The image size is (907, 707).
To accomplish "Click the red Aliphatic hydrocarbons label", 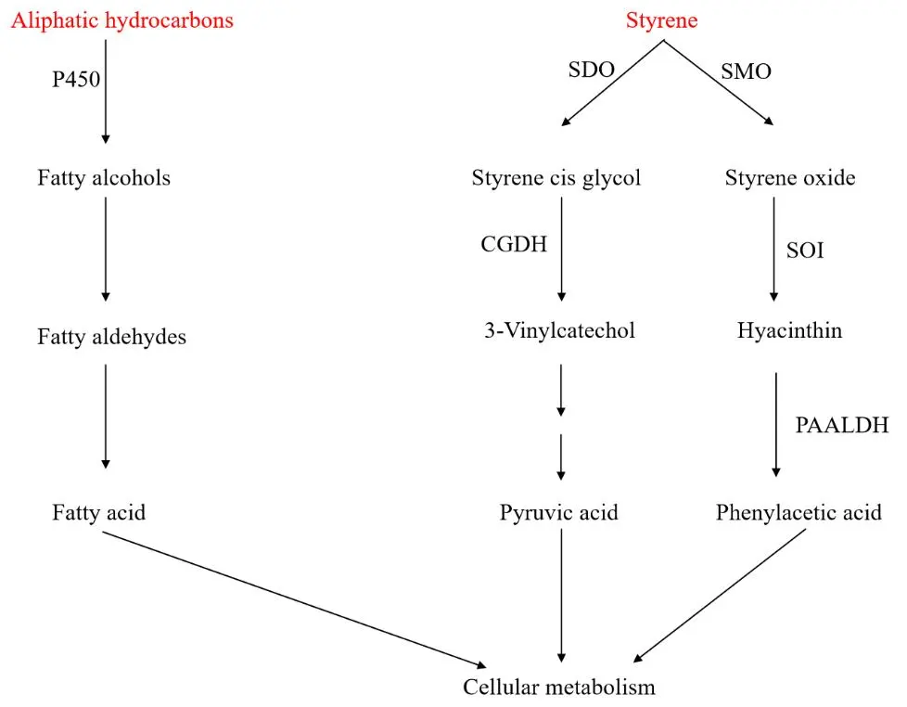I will coord(121,20).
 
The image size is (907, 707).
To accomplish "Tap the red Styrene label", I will coord(661,20).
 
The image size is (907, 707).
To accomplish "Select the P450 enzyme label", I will coord(76,80).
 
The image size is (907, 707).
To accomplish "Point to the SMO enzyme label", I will coord(746,71).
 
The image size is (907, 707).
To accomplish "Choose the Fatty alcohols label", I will coord(104,177).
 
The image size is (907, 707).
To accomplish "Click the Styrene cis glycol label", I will coord(556,177).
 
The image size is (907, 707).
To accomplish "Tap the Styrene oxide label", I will coord(790,177).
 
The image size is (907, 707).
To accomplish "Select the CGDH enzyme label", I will coord(514,244).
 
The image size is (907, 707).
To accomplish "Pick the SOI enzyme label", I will coord(806,251).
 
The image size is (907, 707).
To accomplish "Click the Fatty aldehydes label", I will coord(111,336).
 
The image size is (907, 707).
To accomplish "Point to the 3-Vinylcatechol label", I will coord(560,329).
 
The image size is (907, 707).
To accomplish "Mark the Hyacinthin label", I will coord(790,329).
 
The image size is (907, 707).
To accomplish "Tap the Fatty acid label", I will coord(98,511).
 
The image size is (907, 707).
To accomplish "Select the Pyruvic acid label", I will coord(558,512).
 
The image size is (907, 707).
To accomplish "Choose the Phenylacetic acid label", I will coord(798,512).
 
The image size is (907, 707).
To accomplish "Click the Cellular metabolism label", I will coord(559,688).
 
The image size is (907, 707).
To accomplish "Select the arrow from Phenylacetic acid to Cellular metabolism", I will coord(719,594).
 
